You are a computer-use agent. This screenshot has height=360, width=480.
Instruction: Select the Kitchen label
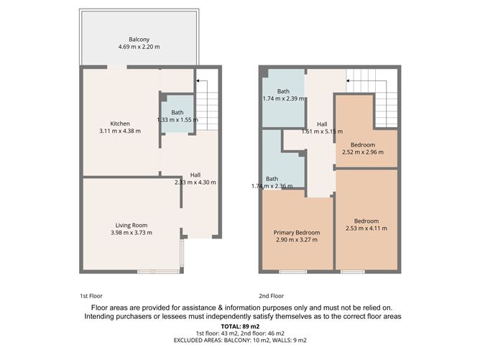[120, 123]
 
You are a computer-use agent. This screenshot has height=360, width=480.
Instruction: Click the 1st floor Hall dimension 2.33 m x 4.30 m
[195, 183]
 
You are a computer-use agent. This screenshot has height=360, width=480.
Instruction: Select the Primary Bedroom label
[297, 233]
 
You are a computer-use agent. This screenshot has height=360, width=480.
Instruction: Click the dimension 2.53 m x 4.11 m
[370, 229]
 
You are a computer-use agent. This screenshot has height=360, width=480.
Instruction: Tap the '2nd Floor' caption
[272, 295]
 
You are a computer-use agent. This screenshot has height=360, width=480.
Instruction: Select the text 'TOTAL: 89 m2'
[239, 326]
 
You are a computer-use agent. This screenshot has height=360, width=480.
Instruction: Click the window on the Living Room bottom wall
[157, 271]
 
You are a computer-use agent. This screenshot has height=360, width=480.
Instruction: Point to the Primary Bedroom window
[292, 271]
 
